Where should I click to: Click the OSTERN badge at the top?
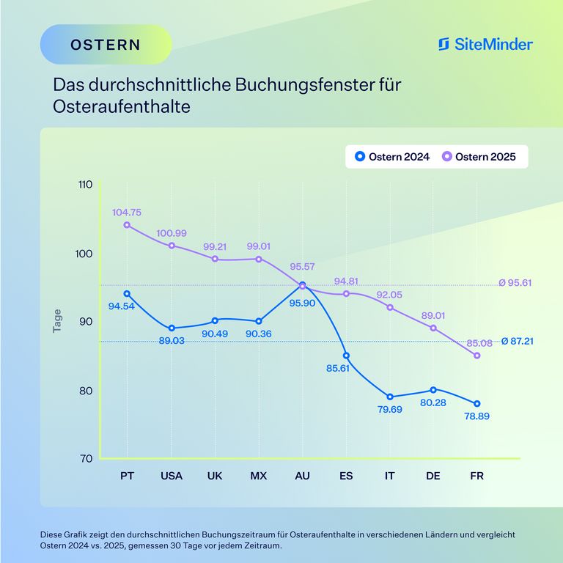[x=106, y=44]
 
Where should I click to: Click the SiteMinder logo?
[x=485, y=44]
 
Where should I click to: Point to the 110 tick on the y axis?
[x=84, y=185]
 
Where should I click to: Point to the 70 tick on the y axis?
[x=84, y=459]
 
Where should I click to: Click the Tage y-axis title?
[x=57, y=321]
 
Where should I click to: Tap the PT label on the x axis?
[x=128, y=476]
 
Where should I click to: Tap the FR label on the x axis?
[x=476, y=476]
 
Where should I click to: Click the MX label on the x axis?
[x=258, y=476]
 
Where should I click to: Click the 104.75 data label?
[x=127, y=212]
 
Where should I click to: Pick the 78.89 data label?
[x=476, y=416]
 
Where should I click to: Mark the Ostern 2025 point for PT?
[x=127, y=225]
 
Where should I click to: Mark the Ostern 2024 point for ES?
[x=346, y=356]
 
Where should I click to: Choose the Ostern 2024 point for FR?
[x=477, y=404]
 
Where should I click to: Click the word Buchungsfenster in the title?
[x=306, y=84]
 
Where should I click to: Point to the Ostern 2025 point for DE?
[x=433, y=328]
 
